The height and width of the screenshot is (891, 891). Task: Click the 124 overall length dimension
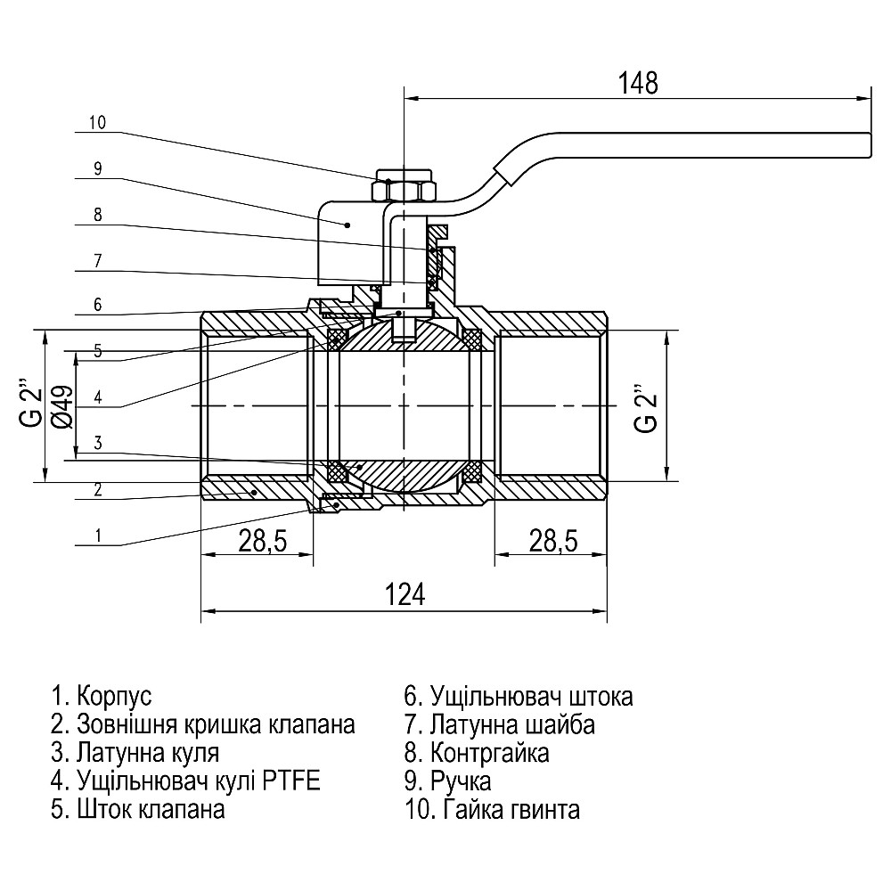405,594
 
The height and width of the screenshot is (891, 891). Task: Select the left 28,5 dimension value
257,539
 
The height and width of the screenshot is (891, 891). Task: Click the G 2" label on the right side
646,407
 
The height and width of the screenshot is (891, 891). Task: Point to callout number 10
97,124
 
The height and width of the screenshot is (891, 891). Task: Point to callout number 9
97,168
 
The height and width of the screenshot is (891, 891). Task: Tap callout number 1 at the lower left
97,536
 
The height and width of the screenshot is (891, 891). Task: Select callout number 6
97,305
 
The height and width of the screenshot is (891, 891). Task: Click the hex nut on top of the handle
403,190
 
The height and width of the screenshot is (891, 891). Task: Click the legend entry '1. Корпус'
102,695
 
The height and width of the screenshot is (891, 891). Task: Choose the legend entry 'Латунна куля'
135,753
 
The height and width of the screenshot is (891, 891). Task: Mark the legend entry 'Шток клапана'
138,810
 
